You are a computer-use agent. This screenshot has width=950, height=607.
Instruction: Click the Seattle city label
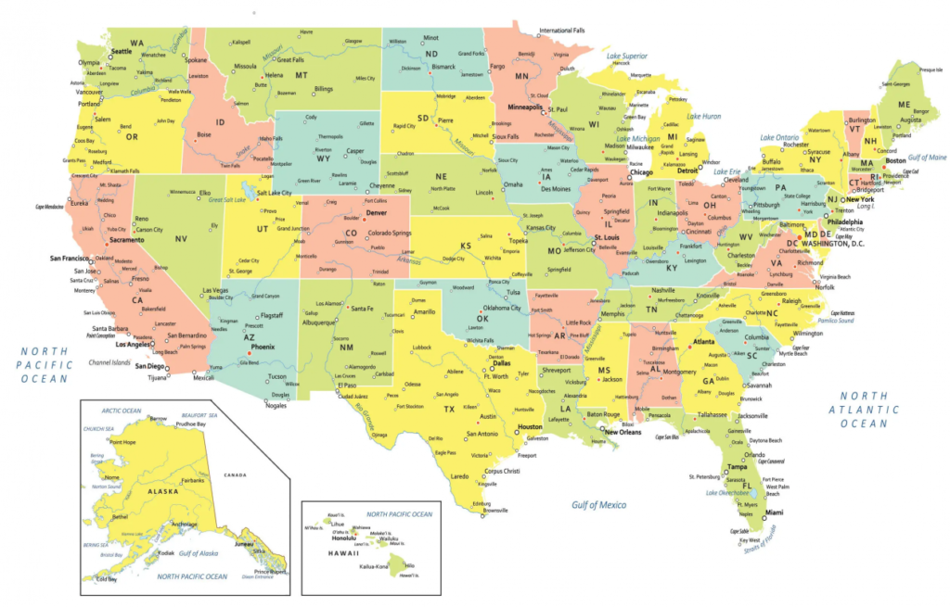(x=121, y=52)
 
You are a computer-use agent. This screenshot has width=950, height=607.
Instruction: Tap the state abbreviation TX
(x=449, y=409)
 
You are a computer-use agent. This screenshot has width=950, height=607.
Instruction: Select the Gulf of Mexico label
(x=598, y=505)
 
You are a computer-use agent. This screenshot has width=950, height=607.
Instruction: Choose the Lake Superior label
(x=627, y=56)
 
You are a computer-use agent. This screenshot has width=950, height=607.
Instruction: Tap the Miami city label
(x=774, y=512)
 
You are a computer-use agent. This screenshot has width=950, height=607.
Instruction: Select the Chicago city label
(x=641, y=172)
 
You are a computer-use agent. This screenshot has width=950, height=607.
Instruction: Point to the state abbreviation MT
(x=302, y=75)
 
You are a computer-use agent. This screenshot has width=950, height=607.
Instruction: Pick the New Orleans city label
(x=623, y=432)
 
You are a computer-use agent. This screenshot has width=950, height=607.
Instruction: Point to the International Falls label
(x=570, y=31)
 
